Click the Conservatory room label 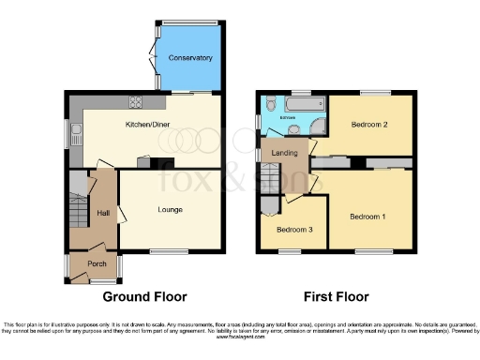(x=184, y=58)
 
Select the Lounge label (x=170, y=209)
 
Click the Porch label (x=97, y=263)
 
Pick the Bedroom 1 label (x=367, y=217)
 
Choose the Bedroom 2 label (x=369, y=125)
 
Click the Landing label (x=285, y=153)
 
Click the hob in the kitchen (x=138, y=103)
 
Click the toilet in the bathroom (x=292, y=130)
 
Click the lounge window (x=165, y=250)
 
